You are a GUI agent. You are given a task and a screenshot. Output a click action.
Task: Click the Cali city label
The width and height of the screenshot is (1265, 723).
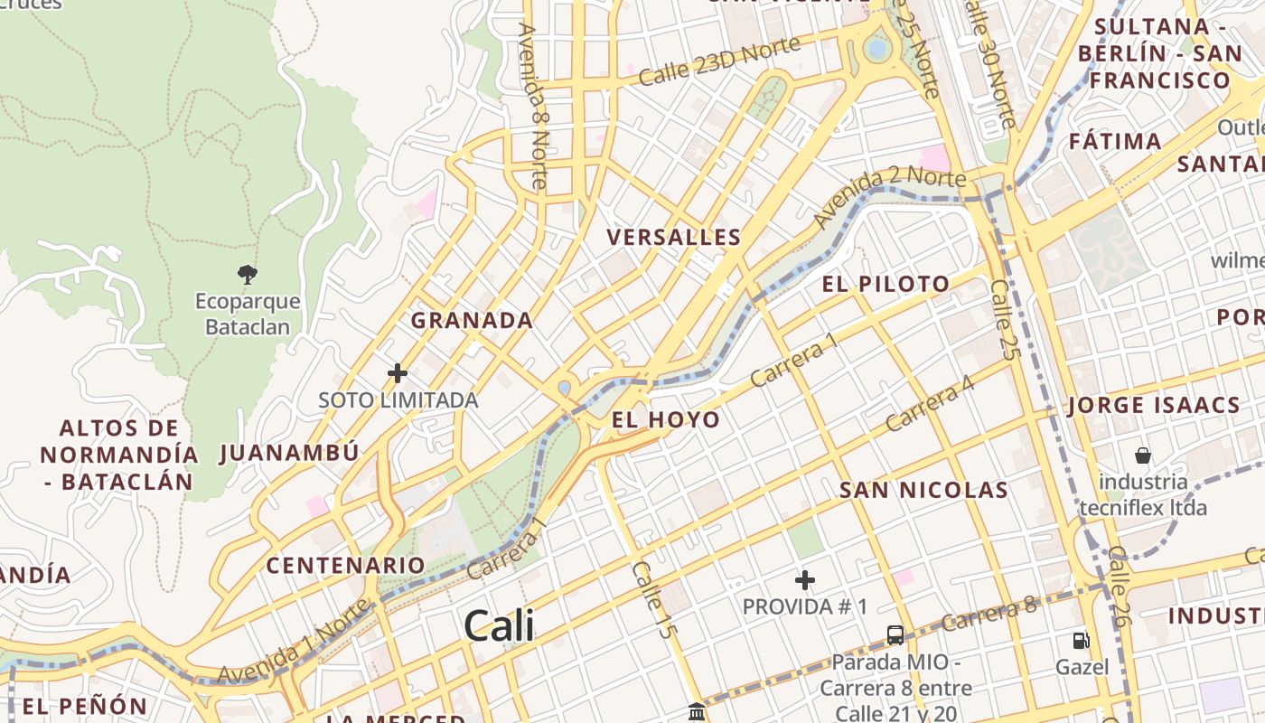pos(499,625)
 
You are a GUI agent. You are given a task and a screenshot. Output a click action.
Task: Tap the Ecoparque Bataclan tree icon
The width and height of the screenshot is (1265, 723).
pos(247,274)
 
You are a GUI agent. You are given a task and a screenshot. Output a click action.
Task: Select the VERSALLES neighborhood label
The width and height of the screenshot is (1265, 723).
pos(674,238)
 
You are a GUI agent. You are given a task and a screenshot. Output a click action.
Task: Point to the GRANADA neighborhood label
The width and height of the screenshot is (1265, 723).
pos(472,320)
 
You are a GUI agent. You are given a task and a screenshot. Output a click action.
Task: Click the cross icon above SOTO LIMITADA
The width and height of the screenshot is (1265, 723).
pos(398,372)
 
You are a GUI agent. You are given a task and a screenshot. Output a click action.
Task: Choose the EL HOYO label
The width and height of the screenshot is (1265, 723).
pos(666,419)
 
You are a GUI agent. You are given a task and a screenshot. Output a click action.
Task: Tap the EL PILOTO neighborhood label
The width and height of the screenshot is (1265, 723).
pos(885,284)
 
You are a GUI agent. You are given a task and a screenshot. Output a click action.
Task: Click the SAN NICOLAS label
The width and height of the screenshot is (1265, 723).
pos(923,490)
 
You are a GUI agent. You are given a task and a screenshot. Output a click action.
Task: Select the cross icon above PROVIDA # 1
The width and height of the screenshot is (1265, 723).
pos(805,579)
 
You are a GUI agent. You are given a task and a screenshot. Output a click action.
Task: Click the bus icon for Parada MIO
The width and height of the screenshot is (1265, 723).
pos(895,634)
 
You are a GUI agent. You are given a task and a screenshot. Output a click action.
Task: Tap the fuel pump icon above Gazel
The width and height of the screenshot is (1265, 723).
pos(1081,641)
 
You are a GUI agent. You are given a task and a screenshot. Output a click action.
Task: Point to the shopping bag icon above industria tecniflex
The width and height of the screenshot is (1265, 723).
pos(1143,455)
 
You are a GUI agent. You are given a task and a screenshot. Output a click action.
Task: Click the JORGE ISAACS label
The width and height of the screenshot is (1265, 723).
pos(1154,405)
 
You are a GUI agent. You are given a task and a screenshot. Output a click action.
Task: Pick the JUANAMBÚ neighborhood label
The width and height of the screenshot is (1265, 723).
pos(289,453)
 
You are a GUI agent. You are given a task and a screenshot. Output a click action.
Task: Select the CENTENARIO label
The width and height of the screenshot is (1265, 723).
pos(345,566)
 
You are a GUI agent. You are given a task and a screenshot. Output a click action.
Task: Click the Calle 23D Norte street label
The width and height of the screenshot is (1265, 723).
pos(719,61)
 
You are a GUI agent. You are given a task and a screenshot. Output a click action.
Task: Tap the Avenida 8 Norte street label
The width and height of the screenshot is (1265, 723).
pos(534,105)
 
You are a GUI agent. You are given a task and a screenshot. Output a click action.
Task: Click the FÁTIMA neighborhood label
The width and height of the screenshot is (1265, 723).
pos(1115,141)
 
